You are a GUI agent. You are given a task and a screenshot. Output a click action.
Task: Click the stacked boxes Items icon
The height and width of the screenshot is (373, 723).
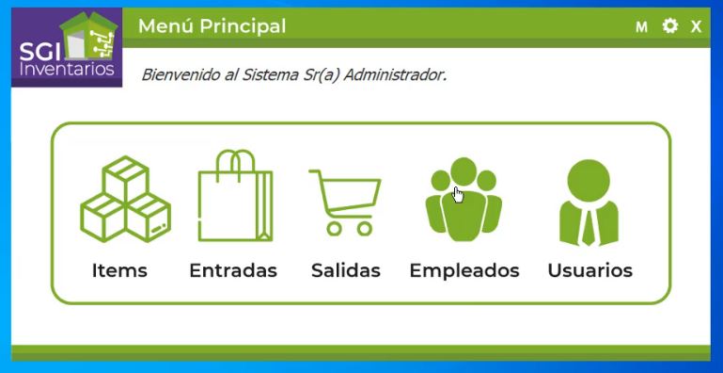pyautogui.click(x=124, y=199)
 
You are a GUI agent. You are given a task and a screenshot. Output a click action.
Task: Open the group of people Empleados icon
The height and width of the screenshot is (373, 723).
pyautogui.click(x=464, y=199)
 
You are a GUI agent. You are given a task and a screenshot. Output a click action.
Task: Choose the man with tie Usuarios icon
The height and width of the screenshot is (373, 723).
pyautogui.click(x=589, y=202)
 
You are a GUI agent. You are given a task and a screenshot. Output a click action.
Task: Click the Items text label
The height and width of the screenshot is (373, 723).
pyautogui.click(x=119, y=270)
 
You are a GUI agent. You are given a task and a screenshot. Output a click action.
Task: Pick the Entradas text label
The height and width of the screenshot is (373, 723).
pyautogui.click(x=233, y=270)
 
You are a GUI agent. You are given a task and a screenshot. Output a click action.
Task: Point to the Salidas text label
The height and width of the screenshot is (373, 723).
pyautogui.click(x=346, y=270)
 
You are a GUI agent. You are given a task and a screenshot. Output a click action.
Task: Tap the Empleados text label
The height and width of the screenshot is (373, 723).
pyautogui.click(x=464, y=270)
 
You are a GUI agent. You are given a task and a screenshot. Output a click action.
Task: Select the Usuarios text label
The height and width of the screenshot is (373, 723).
pyautogui.click(x=589, y=270)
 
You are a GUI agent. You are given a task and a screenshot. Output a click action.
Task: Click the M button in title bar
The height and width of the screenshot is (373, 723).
pyautogui.click(x=641, y=26)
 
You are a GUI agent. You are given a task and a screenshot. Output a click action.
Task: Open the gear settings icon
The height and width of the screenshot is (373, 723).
pyautogui.click(x=669, y=25)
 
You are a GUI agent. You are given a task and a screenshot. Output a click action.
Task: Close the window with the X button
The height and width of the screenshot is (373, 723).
pyautogui.click(x=697, y=26)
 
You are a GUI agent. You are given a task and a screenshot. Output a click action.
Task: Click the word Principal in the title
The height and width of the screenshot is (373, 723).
pyautogui.click(x=241, y=26)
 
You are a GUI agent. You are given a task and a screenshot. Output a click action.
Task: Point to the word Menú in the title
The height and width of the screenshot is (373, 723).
pyautogui.click(x=165, y=26)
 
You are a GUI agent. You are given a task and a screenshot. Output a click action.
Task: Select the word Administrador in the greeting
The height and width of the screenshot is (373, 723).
pyautogui.click(x=395, y=73)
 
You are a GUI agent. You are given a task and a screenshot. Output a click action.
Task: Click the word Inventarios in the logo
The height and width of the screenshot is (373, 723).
pyautogui.click(x=67, y=70)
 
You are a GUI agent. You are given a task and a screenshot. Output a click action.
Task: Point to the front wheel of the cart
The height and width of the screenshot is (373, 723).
pyautogui.click(x=363, y=227)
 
